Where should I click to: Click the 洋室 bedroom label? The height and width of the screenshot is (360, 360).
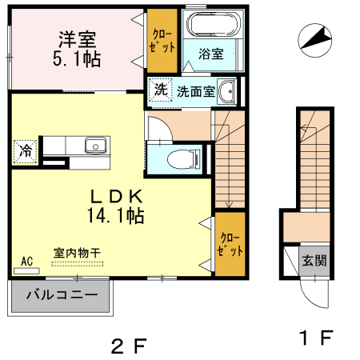76,38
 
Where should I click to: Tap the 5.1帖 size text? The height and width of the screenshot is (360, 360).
76,58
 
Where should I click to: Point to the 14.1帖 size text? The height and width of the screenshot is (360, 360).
116,215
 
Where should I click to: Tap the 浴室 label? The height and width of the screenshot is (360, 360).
211,54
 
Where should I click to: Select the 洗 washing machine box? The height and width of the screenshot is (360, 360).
161,90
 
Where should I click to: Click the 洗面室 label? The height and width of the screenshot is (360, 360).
195,91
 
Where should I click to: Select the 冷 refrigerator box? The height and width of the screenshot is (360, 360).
26,150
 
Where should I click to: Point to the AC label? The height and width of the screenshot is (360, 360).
26,261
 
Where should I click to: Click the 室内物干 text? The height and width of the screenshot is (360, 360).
77,253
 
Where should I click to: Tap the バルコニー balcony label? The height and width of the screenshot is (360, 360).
62,294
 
